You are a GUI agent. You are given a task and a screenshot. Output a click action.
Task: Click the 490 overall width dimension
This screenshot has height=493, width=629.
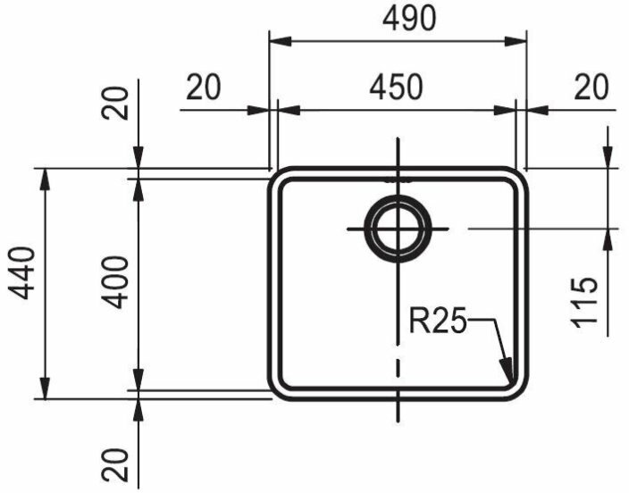tap(409, 19)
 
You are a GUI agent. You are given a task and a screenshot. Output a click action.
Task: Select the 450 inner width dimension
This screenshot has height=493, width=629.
tap(396, 87)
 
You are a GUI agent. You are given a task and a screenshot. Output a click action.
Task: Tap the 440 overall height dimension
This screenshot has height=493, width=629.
tap(22, 273)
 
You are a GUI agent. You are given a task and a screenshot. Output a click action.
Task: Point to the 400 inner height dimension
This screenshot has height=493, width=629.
tap(115, 282)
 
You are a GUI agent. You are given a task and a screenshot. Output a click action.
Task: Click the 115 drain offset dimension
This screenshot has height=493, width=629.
tap(585, 303)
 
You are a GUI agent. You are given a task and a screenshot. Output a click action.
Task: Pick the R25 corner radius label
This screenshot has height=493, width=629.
tap(438, 321)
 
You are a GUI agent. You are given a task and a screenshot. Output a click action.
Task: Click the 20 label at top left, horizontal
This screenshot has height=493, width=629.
tap(204, 87)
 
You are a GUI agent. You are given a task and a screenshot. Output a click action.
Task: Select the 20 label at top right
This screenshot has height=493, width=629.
tap(591, 87)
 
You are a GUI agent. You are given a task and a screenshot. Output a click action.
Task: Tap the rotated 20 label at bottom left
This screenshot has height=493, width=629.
tap(115, 464)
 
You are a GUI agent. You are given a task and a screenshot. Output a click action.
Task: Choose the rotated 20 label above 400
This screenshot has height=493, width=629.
tap(115, 103)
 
